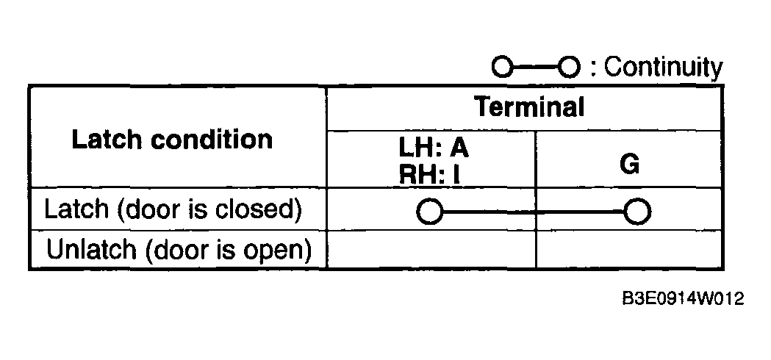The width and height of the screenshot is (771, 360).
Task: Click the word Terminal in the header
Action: (x=529, y=107)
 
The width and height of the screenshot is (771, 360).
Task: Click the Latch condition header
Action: (x=172, y=139)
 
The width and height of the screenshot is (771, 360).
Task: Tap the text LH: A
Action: (x=434, y=147)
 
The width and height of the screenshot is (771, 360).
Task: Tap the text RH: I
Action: (x=430, y=173)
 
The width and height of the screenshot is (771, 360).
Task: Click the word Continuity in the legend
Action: (x=663, y=68)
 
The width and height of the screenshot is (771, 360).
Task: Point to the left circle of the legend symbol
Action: (x=503, y=67)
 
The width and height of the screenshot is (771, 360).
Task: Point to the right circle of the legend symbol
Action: (x=569, y=67)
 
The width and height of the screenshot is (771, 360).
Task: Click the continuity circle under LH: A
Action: (x=430, y=212)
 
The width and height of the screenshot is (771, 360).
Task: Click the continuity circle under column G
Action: (x=637, y=212)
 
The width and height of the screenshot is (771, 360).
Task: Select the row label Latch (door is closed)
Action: (x=173, y=209)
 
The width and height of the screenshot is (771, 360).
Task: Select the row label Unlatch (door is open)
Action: (x=179, y=250)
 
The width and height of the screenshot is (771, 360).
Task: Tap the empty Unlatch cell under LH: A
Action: (x=431, y=249)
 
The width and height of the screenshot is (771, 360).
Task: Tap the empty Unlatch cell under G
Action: (x=629, y=249)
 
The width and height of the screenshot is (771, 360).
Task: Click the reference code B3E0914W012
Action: (x=684, y=298)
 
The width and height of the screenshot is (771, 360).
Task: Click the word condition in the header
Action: (x=212, y=139)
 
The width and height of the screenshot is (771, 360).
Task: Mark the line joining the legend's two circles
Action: (x=536, y=68)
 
